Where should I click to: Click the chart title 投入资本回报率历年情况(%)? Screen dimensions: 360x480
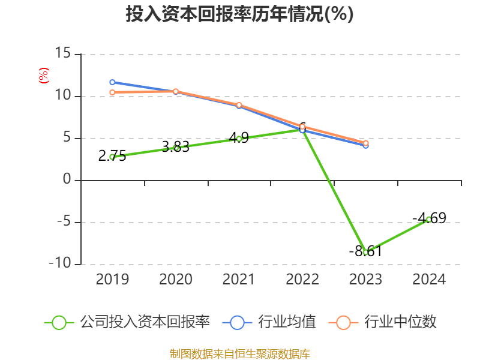[239, 14]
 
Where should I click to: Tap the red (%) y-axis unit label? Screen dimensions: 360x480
[43, 76]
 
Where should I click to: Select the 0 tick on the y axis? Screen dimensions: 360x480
[67, 180]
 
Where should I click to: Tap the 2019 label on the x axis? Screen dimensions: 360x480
[112, 280]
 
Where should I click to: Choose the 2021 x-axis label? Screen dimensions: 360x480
[239, 280]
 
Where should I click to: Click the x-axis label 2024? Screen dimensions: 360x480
[429, 280]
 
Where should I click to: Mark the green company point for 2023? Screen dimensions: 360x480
[365, 252]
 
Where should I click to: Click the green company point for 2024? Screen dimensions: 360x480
[428, 219]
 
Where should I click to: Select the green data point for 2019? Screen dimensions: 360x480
[112, 157]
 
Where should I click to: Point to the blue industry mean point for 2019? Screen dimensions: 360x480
[112, 82]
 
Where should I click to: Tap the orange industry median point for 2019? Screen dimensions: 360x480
[112, 92]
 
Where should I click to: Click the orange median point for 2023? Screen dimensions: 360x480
[365, 143]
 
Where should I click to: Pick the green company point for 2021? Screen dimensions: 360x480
[239, 139]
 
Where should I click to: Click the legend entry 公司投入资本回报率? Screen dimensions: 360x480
[127, 322]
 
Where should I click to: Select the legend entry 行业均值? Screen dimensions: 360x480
[269, 322]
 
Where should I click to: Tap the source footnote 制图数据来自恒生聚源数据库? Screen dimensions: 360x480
[239, 353]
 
